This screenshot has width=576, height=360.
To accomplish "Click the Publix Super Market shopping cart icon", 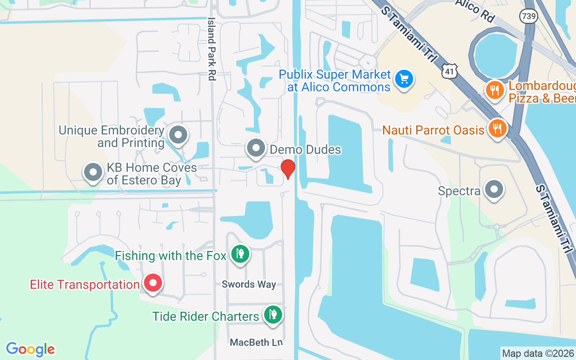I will coord(404,79).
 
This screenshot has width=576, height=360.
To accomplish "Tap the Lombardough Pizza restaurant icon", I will coord(495,90).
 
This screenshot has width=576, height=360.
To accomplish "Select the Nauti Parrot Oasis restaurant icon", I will coord(497,129).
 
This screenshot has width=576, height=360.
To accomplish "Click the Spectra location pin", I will coord(494,190).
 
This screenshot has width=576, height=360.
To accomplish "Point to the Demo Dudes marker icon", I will coord(256,148).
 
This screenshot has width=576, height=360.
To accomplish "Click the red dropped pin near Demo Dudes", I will coord(288,169).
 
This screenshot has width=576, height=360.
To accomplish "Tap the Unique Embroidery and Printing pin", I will coord(178,135).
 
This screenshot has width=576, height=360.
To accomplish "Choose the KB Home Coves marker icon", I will coord(94,172).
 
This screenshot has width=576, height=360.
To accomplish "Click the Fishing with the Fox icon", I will coord(240,254).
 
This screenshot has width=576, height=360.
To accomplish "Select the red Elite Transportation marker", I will coord(153,283).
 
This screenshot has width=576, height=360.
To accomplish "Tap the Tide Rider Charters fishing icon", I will coord(272,315).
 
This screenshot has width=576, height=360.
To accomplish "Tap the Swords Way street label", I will coord(249,284).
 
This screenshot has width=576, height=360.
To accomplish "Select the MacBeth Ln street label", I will coord(256,342).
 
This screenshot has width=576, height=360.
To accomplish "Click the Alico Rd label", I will coord(475,11).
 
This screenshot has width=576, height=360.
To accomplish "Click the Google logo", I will coord(30,349).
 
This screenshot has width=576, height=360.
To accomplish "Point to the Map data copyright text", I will coord(538,353).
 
